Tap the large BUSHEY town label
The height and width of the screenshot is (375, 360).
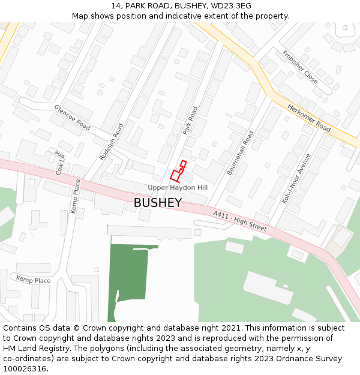point(157,203)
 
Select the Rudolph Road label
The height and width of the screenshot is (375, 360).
point(111,142)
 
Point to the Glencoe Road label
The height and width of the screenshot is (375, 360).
point(72,118)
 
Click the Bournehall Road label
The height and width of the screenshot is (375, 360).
point(240,152)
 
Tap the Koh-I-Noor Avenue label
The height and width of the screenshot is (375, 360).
point(297,178)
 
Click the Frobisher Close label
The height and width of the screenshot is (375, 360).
point(300,66)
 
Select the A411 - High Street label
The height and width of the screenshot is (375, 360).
point(239,221)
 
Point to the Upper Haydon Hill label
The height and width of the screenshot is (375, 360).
point(178,188)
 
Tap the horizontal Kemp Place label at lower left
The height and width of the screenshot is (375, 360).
point(33,280)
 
